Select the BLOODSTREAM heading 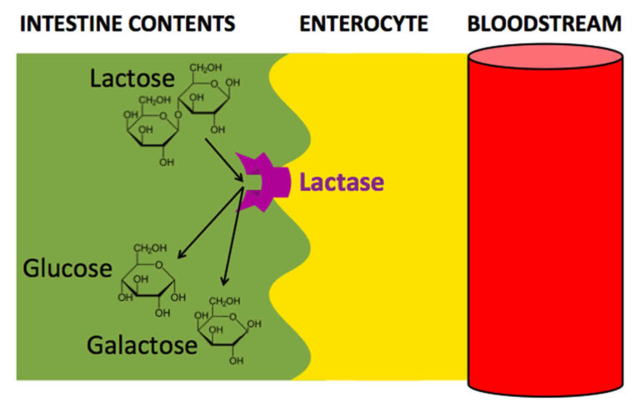tap(544, 23)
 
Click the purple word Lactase tap(342, 182)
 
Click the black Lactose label tap(132, 79)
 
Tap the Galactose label tap(141, 344)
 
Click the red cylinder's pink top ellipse tap(545, 60)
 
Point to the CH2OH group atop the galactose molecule tap(224, 301)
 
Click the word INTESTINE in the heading tap(69, 23)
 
